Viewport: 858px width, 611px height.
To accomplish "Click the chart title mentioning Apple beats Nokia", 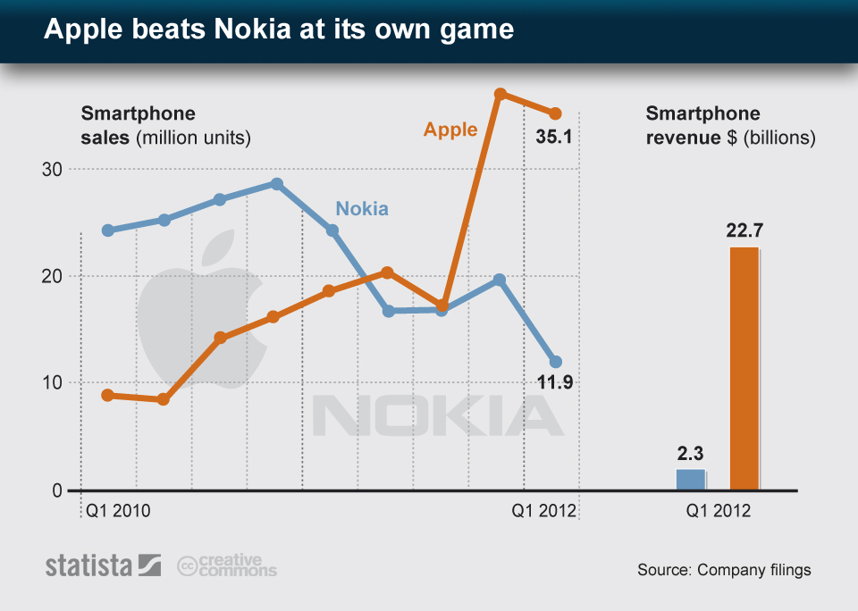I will [x=279, y=30].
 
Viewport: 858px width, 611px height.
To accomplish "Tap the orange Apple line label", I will [x=450, y=130].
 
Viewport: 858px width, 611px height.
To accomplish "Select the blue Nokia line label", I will [x=362, y=209].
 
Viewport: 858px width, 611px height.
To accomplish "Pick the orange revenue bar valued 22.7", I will [x=744, y=368].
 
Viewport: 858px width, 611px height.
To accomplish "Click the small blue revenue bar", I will [x=690, y=480].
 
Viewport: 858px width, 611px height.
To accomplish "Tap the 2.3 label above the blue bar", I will [x=690, y=453].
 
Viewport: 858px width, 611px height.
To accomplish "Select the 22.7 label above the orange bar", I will [x=744, y=231].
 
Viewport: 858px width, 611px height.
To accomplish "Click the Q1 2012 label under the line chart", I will [x=543, y=512].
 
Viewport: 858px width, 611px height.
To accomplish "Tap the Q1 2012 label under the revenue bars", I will [x=719, y=512].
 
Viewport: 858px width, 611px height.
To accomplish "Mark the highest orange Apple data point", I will [x=500, y=94].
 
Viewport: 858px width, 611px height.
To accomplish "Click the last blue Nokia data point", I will [x=555, y=362].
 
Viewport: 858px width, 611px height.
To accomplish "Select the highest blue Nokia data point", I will [x=277, y=184].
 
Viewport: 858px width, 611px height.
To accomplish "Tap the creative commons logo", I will [x=227, y=565].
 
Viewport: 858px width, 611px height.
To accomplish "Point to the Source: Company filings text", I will [x=724, y=570].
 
